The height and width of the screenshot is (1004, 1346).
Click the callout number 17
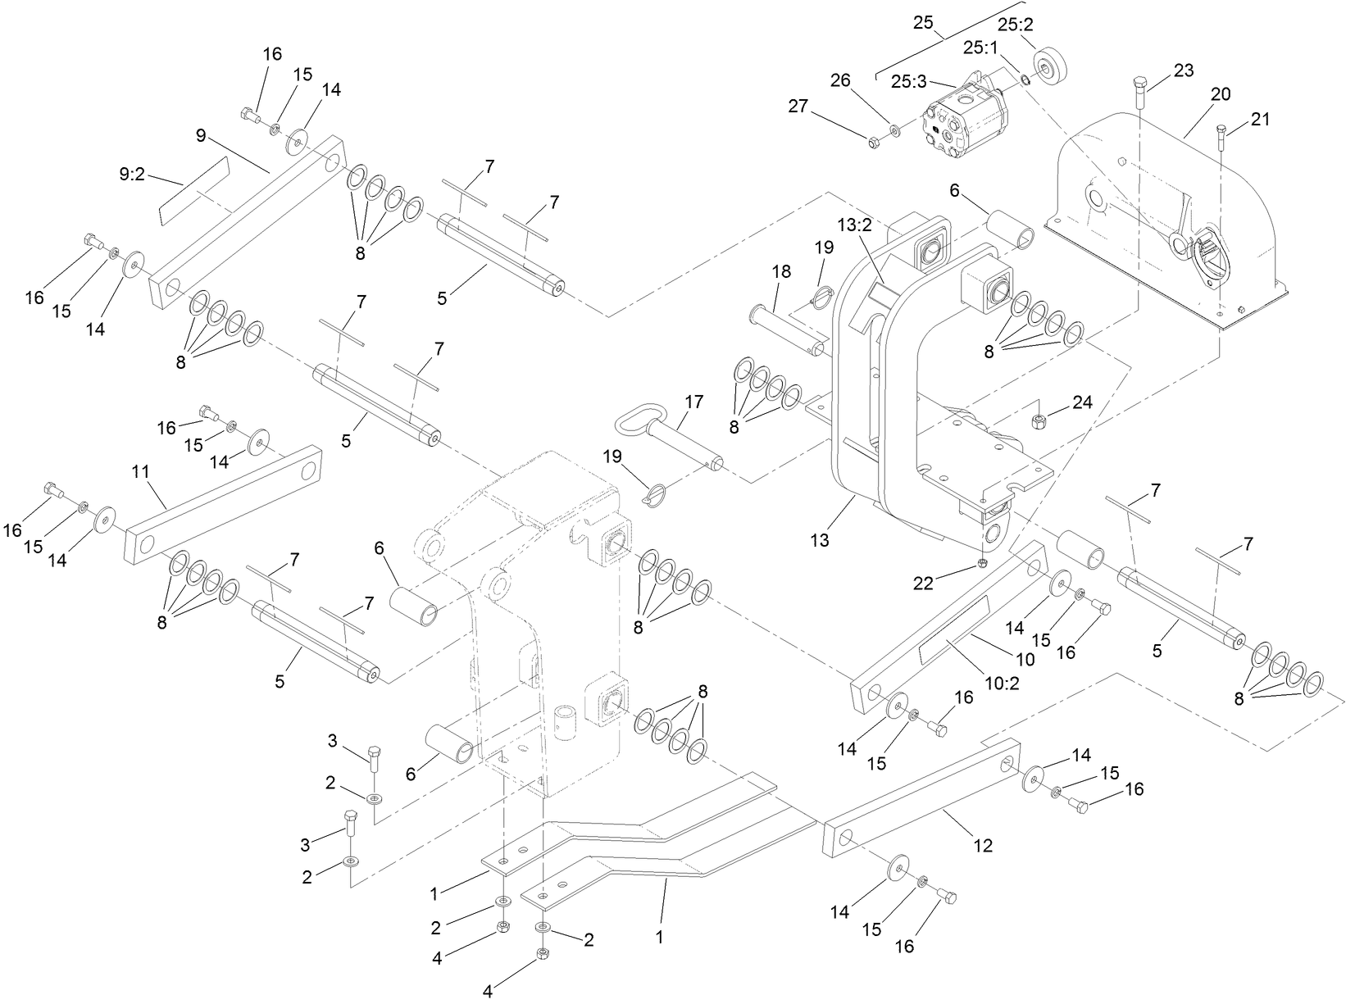click(x=694, y=402)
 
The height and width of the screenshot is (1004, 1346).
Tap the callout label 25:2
click(x=1015, y=26)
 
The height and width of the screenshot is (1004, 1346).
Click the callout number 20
click(x=1221, y=94)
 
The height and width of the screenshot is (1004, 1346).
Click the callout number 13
click(x=820, y=540)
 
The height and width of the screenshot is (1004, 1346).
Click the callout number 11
click(x=142, y=471)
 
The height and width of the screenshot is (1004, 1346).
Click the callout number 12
click(x=982, y=844)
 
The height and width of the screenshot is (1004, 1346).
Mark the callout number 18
click(x=780, y=270)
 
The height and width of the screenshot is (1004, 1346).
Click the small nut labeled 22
click(x=982, y=564)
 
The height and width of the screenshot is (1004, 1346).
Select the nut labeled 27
click(x=875, y=143)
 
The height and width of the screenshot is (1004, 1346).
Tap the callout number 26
click(x=841, y=80)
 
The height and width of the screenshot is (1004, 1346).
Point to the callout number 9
click(x=202, y=135)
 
